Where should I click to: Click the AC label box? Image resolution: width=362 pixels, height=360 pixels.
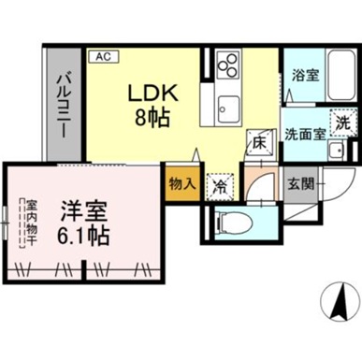[x=102, y=56]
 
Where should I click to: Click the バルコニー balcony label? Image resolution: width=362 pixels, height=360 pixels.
[x=63, y=105]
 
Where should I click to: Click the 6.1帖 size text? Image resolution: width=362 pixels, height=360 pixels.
[x=84, y=235]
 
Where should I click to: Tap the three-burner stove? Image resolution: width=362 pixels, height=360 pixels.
[x=229, y=65]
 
